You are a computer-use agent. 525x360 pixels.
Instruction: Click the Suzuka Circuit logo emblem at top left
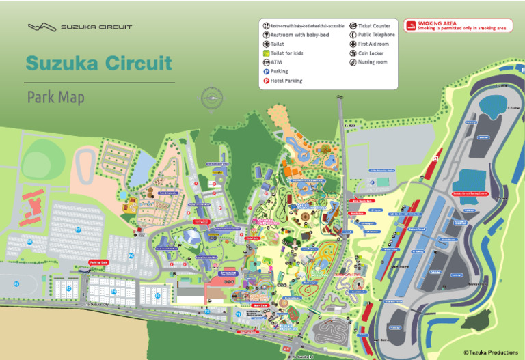42,27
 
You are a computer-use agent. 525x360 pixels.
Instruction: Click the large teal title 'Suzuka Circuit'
98,64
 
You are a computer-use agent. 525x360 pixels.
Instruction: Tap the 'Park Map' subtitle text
56,98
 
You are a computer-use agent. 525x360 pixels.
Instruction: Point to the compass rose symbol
212,98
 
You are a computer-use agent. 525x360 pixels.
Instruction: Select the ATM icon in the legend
267,62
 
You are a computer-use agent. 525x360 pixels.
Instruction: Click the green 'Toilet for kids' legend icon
267,53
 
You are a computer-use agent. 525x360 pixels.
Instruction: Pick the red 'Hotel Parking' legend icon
267,81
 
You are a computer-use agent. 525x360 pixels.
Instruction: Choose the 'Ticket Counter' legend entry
369,25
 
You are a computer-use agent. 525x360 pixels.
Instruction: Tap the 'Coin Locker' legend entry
369,53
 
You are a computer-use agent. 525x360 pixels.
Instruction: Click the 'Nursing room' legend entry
369,62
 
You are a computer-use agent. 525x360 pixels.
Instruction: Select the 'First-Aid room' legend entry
369,44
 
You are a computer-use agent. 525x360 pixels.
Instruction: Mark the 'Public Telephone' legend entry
369,34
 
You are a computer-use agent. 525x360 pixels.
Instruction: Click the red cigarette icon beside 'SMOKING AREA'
411,27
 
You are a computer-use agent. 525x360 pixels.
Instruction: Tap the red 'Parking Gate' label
99,262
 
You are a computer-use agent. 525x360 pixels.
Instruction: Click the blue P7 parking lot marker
78,230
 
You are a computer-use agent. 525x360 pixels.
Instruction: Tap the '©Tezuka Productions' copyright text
491,352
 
